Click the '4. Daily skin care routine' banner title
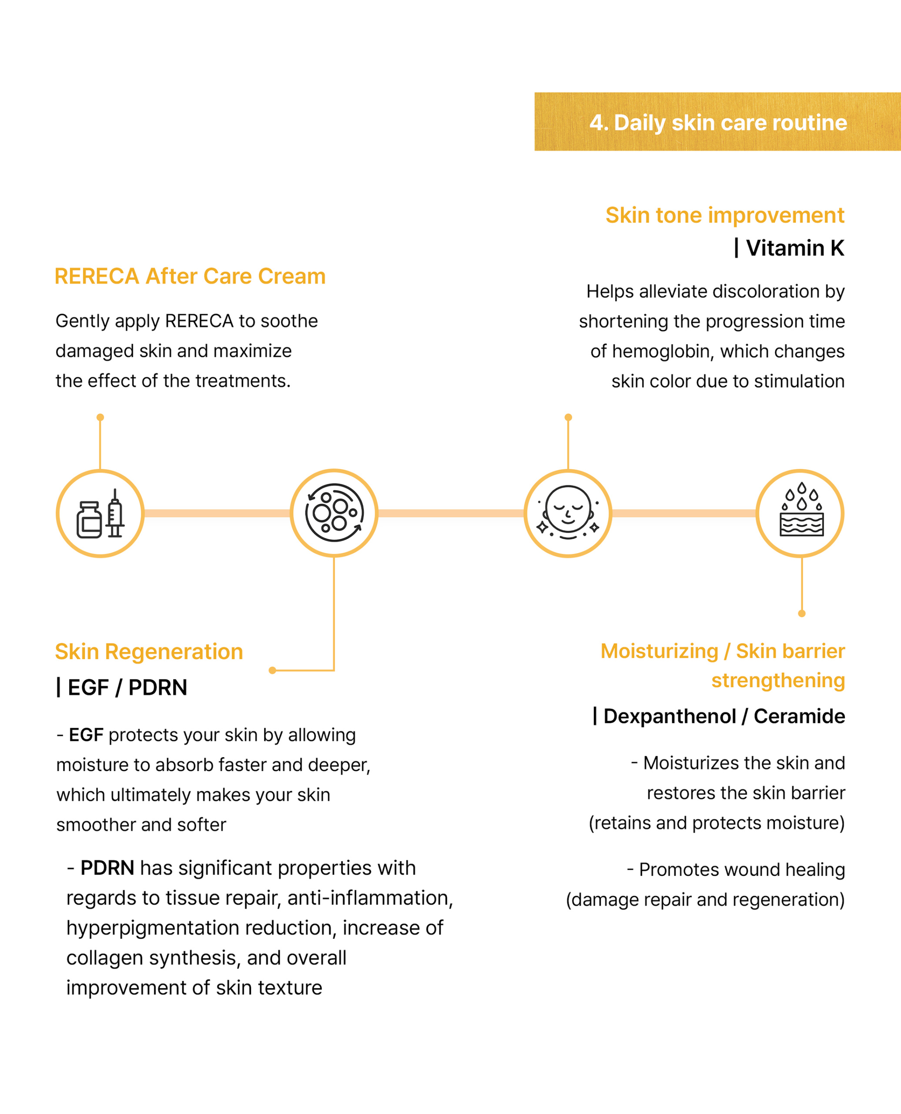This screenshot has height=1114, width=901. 718,123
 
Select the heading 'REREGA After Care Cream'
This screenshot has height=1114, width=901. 190,276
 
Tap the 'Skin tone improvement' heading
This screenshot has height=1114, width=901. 724,215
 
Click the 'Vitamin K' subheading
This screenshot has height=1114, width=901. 794,248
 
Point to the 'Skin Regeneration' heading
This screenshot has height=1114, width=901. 149,651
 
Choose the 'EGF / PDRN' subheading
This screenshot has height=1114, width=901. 127,687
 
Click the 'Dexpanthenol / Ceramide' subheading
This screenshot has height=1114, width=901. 724,716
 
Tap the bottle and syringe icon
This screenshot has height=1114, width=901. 100,513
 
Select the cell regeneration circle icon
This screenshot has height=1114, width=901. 334,513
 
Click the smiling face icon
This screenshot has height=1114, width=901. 568,513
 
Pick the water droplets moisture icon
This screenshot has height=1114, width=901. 801,513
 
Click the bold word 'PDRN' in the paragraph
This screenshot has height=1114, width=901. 107,868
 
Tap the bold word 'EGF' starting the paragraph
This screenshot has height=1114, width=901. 86,735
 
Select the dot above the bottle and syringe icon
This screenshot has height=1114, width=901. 100,417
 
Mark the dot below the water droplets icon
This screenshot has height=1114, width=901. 801,614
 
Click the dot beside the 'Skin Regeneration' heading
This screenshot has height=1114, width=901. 272,671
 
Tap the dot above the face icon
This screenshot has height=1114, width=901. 568,417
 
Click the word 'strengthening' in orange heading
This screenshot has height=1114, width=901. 778,680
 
